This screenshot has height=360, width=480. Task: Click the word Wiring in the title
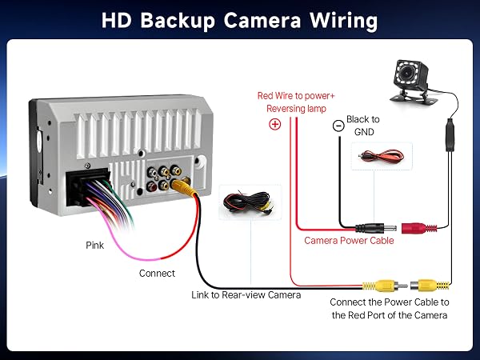(x=343, y=21)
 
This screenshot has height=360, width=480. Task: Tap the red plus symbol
(x=275, y=124)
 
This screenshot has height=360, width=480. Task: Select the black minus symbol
(x=338, y=126)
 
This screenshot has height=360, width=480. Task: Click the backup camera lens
(x=407, y=72)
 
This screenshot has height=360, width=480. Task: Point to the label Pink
(x=94, y=246)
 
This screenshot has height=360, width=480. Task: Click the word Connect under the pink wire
(x=157, y=273)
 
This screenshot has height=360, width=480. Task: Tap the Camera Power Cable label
(x=349, y=241)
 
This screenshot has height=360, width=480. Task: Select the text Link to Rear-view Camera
(x=246, y=294)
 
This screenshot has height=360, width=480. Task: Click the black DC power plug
(x=376, y=228)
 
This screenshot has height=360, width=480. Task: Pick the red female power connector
(x=419, y=228)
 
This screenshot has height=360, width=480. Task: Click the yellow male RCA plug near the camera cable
(x=385, y=286)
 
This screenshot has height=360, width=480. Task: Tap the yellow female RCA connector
(x=430, y=286)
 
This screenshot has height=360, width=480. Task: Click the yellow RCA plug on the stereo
(x=183, y=187)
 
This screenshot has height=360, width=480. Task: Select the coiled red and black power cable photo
(x=382, y=156)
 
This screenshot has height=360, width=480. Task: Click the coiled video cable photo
(x=250, y=202)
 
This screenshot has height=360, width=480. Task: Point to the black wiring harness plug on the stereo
(x=87, y=186)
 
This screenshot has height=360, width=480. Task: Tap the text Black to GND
(x=363, y=126)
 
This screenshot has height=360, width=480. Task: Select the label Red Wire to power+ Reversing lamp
(x=296, y=102)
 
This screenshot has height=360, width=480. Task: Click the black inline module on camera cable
(x=450, y=135)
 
